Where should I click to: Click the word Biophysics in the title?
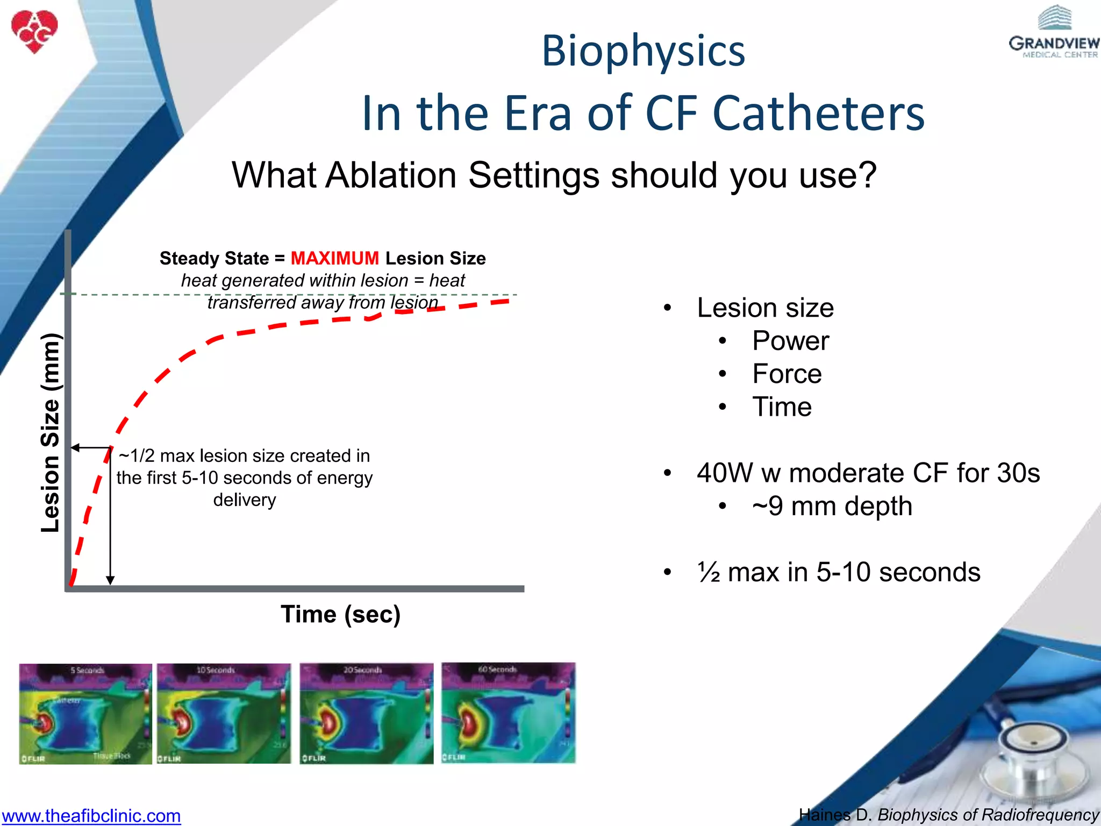[643, 51]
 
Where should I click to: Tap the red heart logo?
[34, 31]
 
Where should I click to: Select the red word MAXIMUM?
[334, 259]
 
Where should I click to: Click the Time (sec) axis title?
[340, 614]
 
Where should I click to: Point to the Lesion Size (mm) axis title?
[51, 433]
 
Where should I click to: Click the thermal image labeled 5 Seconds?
[85, 714]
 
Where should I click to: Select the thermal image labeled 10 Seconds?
[224, 714]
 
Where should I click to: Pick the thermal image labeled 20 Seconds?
[366, 714]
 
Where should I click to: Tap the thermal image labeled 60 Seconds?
[508, 713]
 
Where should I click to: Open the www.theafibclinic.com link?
[91, 815]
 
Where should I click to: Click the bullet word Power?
[790, 341]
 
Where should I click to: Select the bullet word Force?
[787, 374]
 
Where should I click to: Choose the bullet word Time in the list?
[782, 407]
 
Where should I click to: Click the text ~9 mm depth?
[832, 506]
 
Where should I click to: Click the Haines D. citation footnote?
[949, 815]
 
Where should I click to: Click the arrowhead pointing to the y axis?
[76, 447]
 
